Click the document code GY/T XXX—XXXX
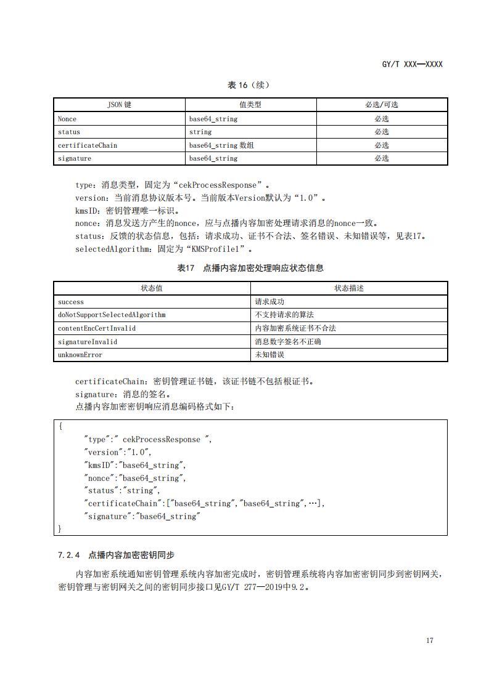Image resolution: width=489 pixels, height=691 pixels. click(x=412, y=64)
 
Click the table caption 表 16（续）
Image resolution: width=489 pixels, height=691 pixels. click(x=249, y=85)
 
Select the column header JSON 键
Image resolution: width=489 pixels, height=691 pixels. click(x=120, y=105)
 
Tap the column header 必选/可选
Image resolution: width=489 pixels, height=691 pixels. click(x=382, y=105)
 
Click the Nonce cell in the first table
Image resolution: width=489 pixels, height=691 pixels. click(x=67, y=119)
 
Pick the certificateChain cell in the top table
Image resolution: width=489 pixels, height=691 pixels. click(x=87, y=145)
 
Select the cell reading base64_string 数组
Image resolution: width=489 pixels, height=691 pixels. click(x=221, y=145)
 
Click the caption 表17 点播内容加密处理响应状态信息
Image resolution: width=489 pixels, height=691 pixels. click(x=250, y=268)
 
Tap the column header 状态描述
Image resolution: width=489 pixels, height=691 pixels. click(x=349, y=288)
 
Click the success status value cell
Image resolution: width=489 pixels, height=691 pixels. click(x=71, y=302)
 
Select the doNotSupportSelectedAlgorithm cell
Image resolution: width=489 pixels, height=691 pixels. click(x=112, y=315)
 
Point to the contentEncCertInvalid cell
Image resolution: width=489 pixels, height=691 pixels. click(x=97, y=328)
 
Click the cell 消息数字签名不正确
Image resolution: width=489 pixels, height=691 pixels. click(x=288, y=341)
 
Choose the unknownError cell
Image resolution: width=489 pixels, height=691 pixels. click(x=80, y=355)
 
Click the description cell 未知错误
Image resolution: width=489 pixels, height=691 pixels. click(x=269, y=355)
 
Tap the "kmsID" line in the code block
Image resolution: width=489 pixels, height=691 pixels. click(x=134, y=465)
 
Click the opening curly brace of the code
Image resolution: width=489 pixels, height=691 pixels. click(x=60, y=426)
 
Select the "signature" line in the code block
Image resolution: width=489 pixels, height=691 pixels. click(x=142, y=516)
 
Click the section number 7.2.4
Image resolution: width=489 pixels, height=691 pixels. click(x=68, y=555)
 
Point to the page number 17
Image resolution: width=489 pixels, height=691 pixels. click(x=429, y=640)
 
